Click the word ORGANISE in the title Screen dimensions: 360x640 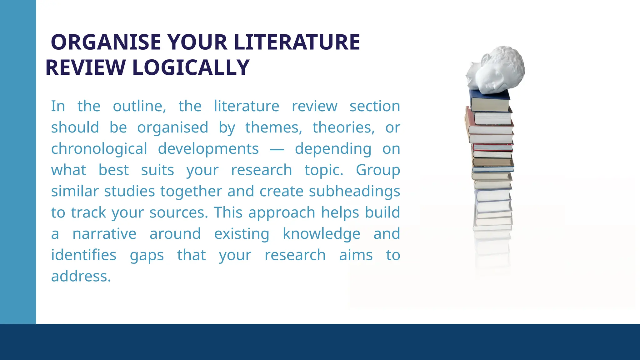pos(106,42)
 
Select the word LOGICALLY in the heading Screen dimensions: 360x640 pos(191,67)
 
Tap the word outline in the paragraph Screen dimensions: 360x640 pos(139,106)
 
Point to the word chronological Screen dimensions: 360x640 pos(99,149)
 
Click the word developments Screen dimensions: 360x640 pos(208,149)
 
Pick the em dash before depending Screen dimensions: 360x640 pos(277,150)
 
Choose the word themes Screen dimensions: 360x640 pos(273,127)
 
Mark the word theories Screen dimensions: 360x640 pos(343,127)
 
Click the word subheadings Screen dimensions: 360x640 pos(354,191)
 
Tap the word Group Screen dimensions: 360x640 pos(378,170)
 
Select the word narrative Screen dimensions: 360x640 pos(104,234)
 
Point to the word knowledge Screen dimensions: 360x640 pos(321,234)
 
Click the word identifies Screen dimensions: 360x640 pos(84,255)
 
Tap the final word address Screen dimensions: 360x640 pos(81,276)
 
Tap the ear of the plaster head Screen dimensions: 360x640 pos(485,60)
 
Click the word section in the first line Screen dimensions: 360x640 pos(375,106)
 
